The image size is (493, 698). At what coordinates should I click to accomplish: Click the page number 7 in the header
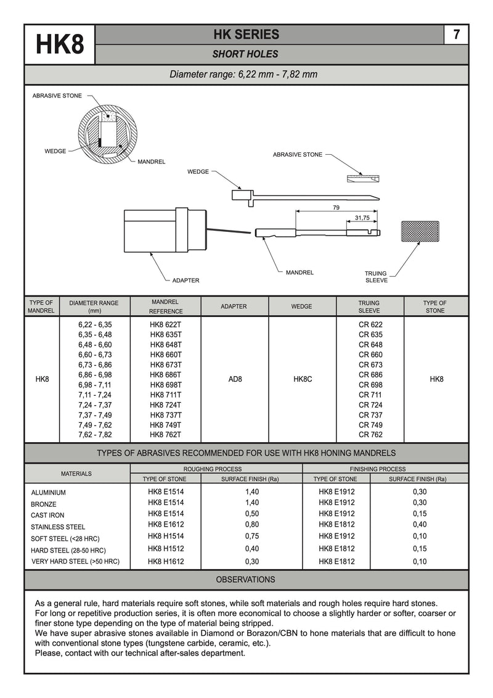456,35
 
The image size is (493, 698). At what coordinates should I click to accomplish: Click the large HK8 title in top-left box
60,44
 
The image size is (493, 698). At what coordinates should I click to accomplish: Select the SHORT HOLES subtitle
245,54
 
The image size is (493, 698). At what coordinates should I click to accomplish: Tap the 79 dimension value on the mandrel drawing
336,208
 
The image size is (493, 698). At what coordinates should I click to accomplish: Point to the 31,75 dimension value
362,218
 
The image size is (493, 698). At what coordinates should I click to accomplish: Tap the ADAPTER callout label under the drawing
185,281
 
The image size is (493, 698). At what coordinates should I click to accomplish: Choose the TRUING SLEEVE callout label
376,277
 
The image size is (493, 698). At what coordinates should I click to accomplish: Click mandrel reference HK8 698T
166,385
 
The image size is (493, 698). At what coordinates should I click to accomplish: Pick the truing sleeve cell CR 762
370,435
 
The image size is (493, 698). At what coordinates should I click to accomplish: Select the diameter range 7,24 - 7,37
95,404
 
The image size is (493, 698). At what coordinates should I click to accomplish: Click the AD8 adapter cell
235,379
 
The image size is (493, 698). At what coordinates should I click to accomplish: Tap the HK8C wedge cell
302,379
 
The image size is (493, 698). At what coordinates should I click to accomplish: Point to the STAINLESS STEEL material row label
58,527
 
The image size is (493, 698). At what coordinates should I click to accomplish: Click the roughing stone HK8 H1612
166,562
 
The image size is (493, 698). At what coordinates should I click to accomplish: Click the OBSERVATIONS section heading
245,580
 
